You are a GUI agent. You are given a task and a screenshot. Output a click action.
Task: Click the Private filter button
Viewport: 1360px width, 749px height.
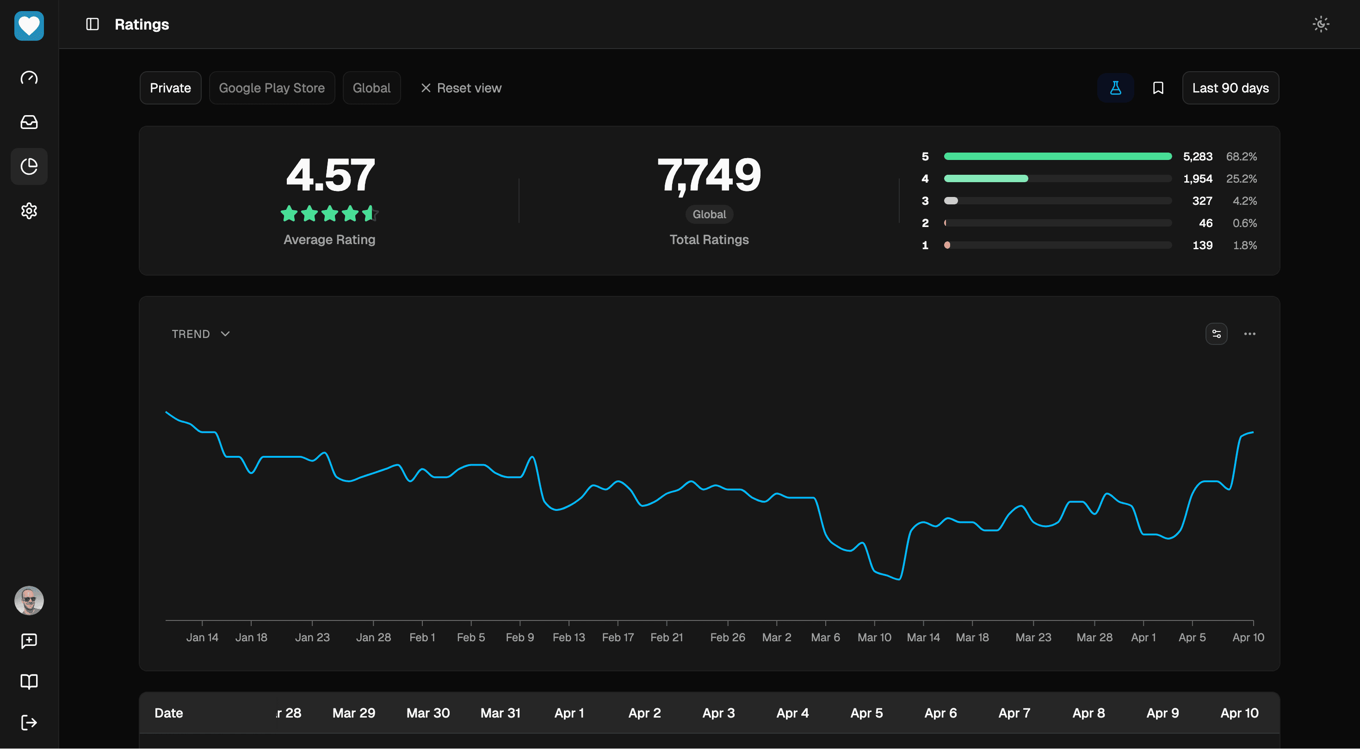[x=170, y=88]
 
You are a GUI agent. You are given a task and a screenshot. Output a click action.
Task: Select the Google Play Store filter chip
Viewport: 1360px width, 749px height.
[x=272, y=88]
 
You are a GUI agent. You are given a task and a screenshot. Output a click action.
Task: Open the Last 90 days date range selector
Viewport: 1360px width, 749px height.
[x=1230, y=88]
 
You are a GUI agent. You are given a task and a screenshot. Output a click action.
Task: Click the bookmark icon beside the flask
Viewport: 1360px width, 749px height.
[x=1158, y=88]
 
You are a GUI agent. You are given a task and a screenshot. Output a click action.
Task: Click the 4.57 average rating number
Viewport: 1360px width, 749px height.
[x=330, y=175]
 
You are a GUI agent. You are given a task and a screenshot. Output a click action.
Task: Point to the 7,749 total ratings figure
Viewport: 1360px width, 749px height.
[x=709, y=175]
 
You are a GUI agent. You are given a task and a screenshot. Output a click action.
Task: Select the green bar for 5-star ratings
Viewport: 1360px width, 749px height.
[x=1057, y=156]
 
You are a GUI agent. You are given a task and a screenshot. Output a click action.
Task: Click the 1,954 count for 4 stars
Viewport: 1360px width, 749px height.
[x=1197, y=179]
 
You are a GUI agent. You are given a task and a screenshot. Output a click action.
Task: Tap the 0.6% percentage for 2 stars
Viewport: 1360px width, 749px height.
[x=1244, y=223]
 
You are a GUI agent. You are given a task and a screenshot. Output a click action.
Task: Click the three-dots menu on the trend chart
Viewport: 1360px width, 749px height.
[x=1249, y=334]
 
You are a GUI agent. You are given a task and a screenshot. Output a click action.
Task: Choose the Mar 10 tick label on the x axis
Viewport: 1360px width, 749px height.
[x=874, y=637]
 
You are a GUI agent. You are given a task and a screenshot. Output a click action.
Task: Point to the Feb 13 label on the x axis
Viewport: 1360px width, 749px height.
[x=569, y=637]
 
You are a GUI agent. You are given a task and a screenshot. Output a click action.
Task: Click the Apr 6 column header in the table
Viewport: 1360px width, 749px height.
[x=940, y=713]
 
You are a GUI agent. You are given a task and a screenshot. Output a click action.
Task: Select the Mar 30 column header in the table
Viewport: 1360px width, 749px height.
[x=427, y=713]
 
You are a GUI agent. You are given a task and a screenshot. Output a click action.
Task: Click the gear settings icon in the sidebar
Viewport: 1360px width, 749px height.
[x=29, y=211]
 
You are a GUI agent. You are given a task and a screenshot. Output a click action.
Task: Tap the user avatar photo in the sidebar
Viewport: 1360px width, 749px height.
[x=29, y=600]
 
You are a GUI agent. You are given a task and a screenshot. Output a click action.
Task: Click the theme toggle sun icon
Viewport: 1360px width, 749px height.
[x=1320, y=25]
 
